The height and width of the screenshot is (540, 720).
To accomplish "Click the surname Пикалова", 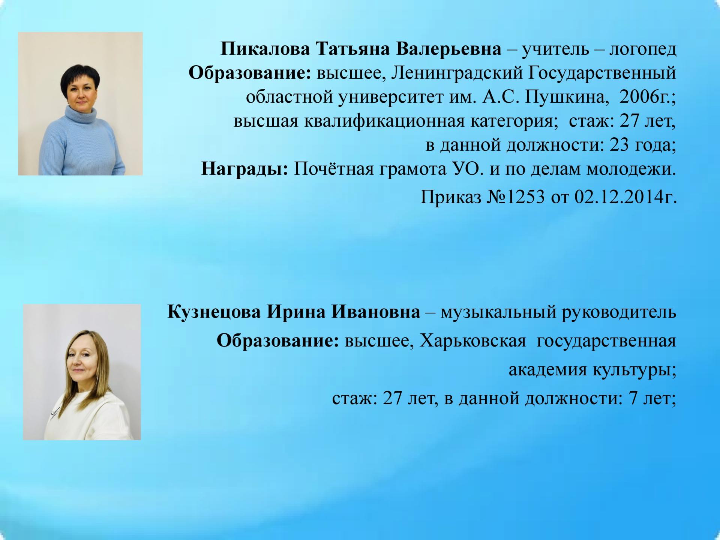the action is pyautogui.click(x=265, y=49).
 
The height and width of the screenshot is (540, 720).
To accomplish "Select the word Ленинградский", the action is pyautogui.click(x=457, y=73).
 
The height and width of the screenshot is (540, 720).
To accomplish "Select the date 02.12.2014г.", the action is pyautogui.click(x=625, y=196).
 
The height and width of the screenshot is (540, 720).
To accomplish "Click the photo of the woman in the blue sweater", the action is pyautogui.click(x=80, y=103).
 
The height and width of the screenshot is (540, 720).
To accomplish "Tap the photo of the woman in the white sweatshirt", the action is pyautogui.click(x=82, y=372).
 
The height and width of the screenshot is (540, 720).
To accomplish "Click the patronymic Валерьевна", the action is pyautogui.click(x=448, y=49).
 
